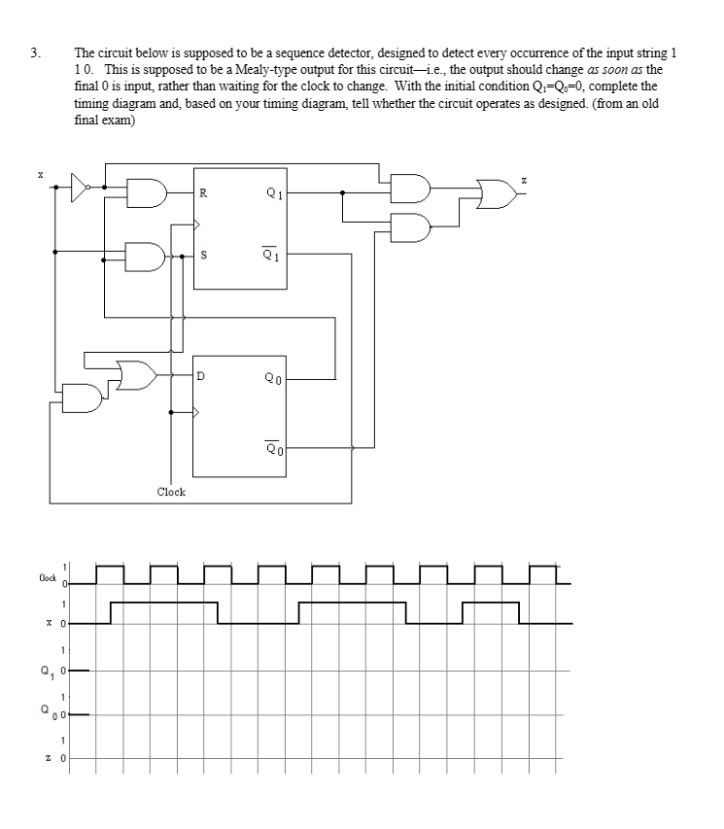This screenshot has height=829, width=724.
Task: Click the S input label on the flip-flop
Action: coord(201,257)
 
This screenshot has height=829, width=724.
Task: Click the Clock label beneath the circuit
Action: coord(171,492)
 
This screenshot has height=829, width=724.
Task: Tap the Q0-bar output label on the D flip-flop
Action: coord(275,448)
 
